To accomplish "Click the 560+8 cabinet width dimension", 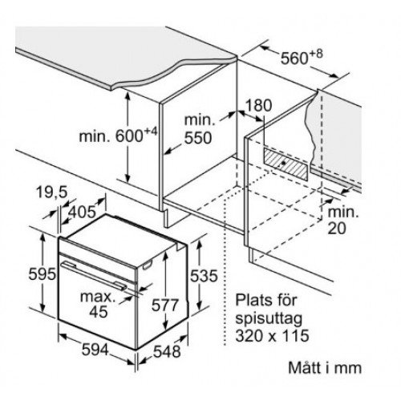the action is coord(302,57).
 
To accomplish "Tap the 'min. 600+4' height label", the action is coord(118,136).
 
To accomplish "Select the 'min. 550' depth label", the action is coord(200,129).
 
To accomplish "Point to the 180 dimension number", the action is coord(258,105).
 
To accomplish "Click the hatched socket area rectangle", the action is coord(286,164).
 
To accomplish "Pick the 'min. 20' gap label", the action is coord(343,220).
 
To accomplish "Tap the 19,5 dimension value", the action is coord(51,192).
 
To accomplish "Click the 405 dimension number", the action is coord(82,212).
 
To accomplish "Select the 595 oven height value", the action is coord(43,274).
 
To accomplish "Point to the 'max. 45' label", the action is coord(98,304).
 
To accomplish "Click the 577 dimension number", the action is coord(165,305).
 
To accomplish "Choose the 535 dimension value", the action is coord(204,276).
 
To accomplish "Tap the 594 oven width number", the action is coord(95,350).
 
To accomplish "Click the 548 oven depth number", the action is coord(167,351).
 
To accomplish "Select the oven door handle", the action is coord(94,275).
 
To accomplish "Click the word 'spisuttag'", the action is coord(269,318).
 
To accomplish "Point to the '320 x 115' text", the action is coord(272,335).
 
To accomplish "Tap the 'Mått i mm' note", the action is coord(325,367).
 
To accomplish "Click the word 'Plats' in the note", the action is coord(252,300).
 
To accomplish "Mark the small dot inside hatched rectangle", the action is coord(283,162).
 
